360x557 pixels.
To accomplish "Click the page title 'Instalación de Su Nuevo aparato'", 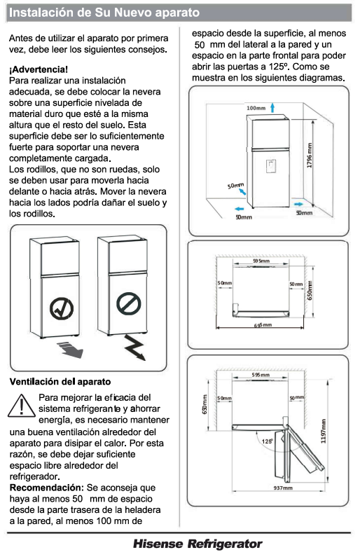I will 104,12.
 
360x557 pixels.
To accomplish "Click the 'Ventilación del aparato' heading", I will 57,382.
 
